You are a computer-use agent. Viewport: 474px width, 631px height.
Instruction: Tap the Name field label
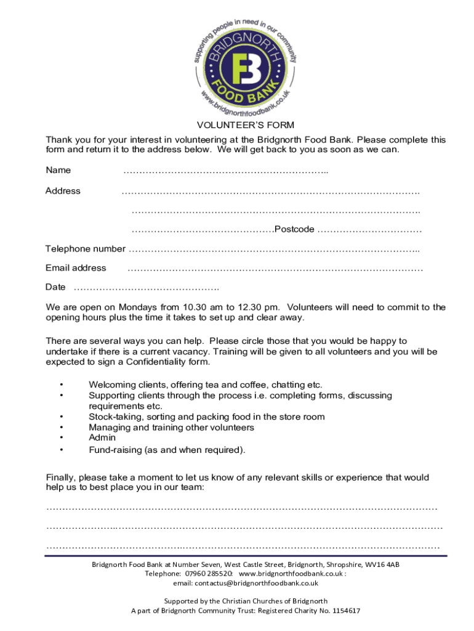pos(58,170)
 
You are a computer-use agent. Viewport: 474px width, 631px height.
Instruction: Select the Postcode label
pos(294,229)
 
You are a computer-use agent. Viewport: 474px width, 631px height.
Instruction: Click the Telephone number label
pos(86,249)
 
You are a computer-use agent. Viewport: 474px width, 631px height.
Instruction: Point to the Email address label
pos(76,268)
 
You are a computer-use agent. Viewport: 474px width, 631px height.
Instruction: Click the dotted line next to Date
pos(147,288)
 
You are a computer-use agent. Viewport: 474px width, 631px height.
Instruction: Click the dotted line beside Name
pos(225,171)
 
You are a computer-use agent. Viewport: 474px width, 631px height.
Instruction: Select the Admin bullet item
pos(102,438)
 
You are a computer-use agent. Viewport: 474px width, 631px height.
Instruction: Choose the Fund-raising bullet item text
pos(167,450)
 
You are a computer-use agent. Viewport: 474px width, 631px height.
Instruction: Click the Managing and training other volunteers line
pos(171,427)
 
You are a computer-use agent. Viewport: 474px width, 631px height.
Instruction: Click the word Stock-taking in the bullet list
pos(114,417)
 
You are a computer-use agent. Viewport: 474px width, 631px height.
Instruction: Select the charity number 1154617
pos(345,611)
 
